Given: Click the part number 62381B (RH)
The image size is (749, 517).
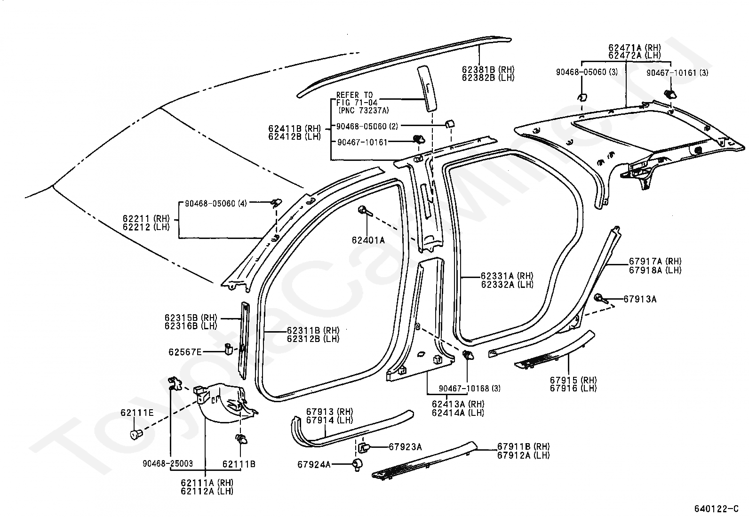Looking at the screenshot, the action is (488, 70).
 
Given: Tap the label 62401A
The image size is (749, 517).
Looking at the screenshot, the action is (368, 240).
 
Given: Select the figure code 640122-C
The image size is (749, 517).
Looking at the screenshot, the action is (717, 509).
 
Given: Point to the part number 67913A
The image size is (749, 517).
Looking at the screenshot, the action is (640, 299).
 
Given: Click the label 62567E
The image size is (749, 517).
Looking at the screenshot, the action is (185, 352).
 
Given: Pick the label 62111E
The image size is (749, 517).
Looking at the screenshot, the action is (137, 413).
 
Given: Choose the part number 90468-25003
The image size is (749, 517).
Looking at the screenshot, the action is (168, 463).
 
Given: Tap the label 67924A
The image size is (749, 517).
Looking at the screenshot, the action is (314, 464).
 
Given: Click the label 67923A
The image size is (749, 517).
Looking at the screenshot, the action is (405, 447).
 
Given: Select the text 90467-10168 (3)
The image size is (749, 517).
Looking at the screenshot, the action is (470, 388).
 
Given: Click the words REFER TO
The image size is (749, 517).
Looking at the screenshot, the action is (354, 95).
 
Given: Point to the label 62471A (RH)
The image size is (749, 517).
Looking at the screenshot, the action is (635, 48).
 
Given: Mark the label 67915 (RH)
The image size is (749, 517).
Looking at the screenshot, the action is (574, 380).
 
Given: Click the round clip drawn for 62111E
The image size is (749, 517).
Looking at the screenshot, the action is (136, 434).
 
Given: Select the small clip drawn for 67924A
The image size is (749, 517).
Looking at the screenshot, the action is (358, 464).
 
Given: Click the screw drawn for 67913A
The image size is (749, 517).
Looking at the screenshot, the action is (601, 298).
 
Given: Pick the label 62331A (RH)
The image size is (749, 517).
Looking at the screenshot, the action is (507, 276).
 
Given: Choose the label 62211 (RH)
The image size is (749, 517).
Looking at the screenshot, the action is (146, 219).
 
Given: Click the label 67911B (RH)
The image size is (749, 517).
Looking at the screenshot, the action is (524, 446).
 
